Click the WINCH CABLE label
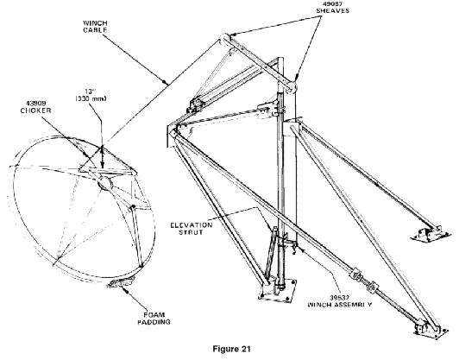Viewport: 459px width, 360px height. tap(95, 27)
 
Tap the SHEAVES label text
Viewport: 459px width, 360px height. tap(333, 10)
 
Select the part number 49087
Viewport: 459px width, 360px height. tap(333, 3)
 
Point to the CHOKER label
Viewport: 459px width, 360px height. tap(35, 111)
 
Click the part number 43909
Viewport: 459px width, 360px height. tap(36, 104)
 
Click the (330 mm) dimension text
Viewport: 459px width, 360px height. tap(91, 98)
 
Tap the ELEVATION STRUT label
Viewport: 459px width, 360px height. tap(192, 229)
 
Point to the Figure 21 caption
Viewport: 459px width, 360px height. tap(231, 349)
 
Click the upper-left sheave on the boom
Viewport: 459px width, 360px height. tap(224, 39)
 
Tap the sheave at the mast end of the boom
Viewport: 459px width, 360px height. tap(292, 87)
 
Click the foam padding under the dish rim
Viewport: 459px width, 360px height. tap(121, 282)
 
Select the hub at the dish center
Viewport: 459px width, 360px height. tap(104, 183)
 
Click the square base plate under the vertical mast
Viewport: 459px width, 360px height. tap(277, 291)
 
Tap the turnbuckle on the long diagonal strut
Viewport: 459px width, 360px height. tap(365, 279)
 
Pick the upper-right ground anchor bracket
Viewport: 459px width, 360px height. tap(431, 233)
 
